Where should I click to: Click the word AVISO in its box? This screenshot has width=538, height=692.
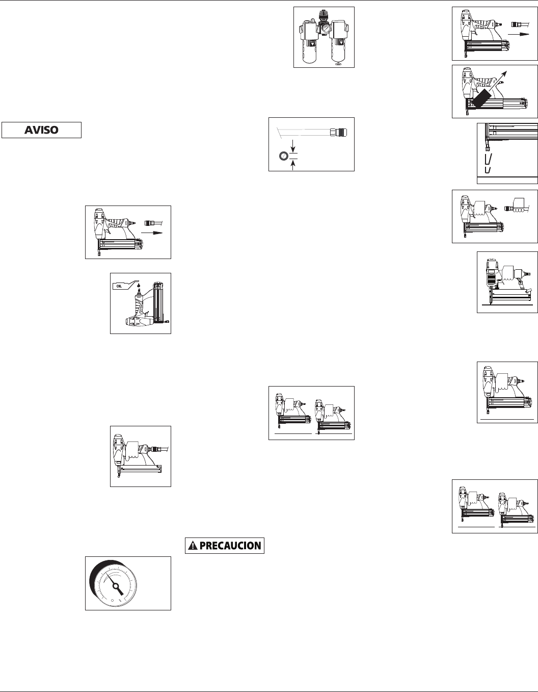point(41,130)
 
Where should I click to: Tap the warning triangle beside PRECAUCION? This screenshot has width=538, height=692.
point(192,546)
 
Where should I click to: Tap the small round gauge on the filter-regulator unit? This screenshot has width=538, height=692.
point(324,30)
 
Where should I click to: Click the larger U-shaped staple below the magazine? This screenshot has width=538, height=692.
point(488,159)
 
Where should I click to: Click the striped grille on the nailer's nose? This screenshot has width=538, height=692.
point(490,279)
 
